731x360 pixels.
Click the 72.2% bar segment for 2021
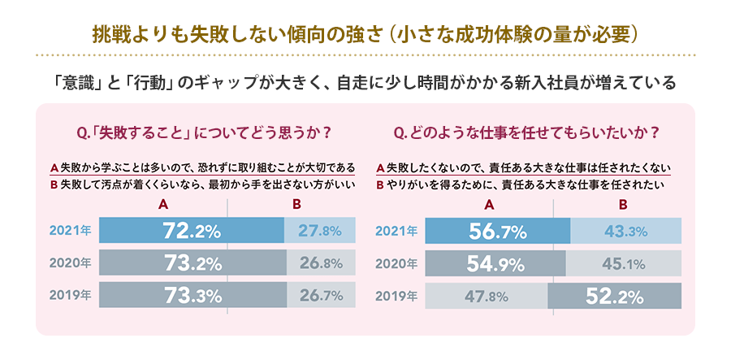192,231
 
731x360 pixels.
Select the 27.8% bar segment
320,231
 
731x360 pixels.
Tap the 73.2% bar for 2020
192,263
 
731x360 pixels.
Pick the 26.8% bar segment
321,263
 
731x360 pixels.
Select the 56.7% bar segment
497,231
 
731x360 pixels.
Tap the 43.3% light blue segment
625,231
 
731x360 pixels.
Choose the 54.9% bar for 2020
495,263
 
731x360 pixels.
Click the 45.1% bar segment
623,263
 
